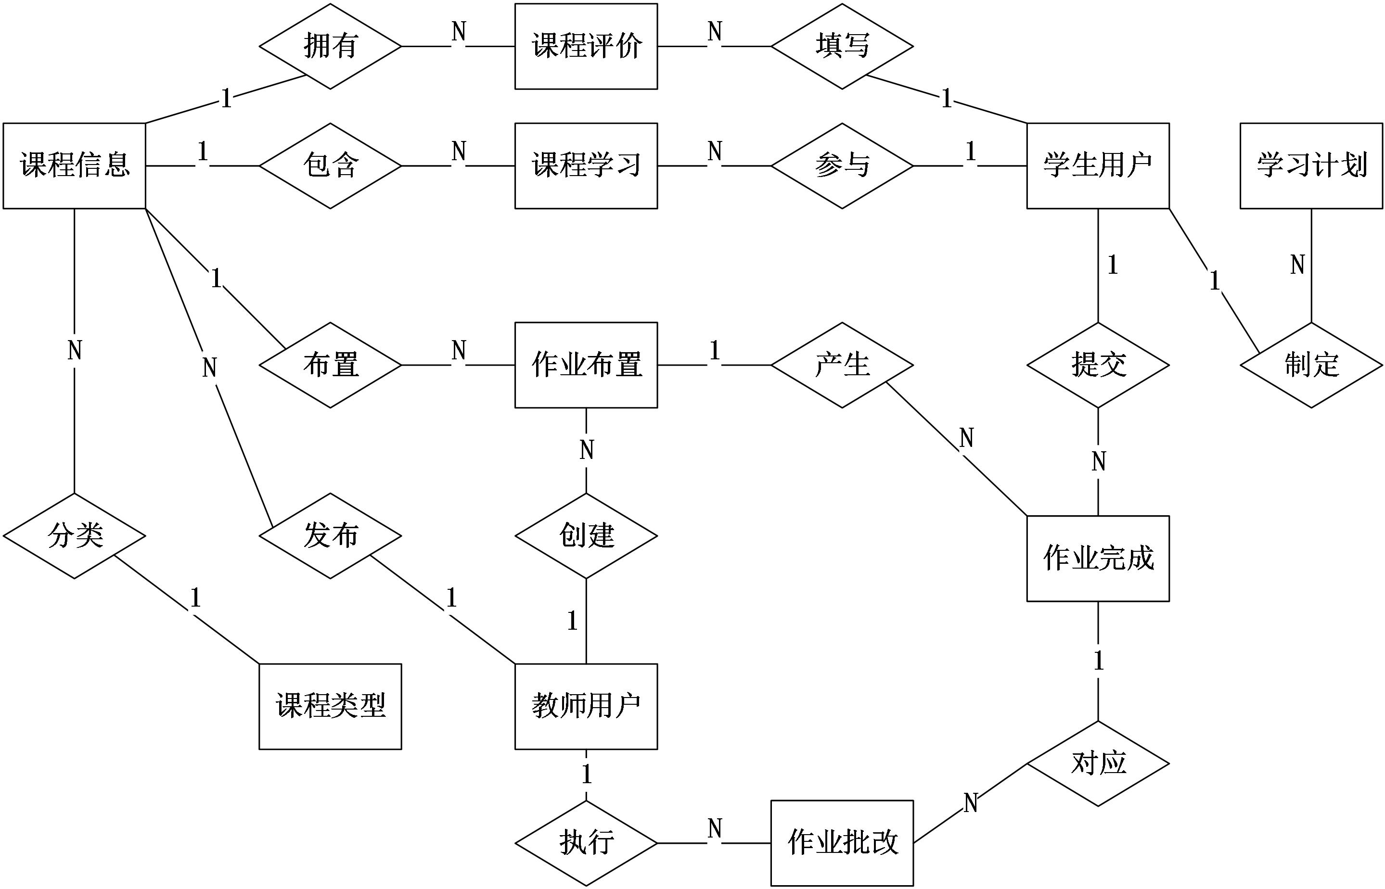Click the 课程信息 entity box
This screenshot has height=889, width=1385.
coord(75,165)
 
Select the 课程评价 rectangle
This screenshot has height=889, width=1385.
coord(586,46)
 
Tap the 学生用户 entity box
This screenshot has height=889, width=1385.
coord(1098,165)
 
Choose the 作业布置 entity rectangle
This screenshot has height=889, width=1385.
coord(586,365)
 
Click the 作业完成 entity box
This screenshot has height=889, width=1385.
coord(1098,558)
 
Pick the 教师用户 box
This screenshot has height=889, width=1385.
coord(586,707)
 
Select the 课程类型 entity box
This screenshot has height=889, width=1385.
coord(330,707)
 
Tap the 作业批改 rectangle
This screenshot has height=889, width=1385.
coord(842,843)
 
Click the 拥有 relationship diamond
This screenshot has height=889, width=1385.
coord(330,46)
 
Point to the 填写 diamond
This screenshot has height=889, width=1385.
coord(842,46)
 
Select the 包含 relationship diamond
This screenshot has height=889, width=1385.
coord(330,165)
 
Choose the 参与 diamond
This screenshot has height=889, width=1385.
coord(842,165)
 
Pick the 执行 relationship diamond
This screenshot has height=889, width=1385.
coord(586,843)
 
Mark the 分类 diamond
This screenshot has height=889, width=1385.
coord(75,536)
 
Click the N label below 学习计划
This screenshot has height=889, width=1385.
coord(1297,265)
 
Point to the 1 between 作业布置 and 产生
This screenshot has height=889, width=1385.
coord(715,350)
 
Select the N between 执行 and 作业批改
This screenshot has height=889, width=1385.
coord(715,828)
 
